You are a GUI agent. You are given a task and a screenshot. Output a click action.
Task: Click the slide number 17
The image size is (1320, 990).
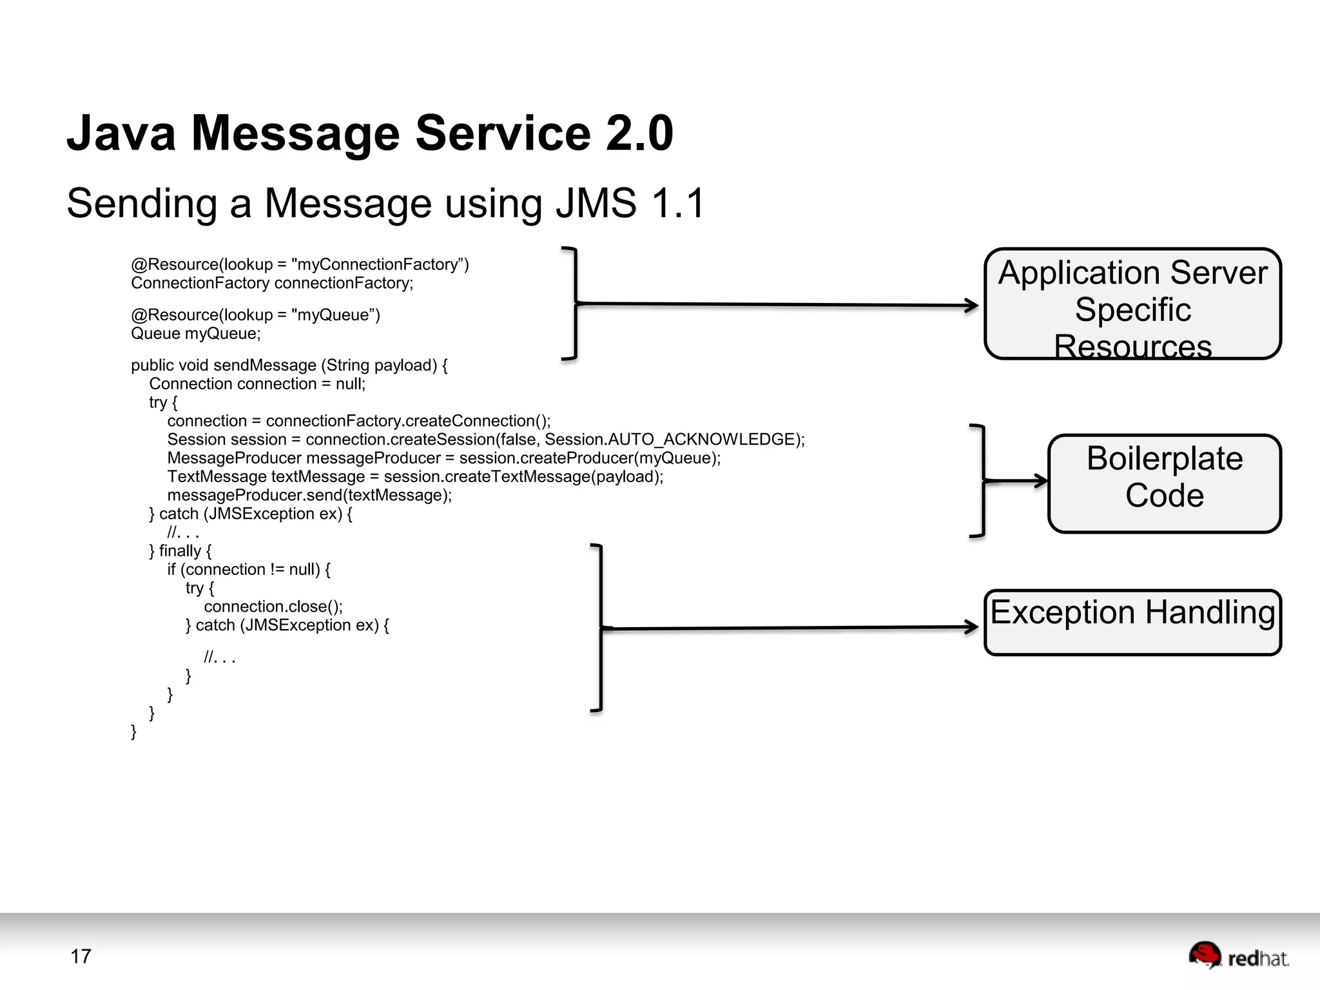pos(81,956)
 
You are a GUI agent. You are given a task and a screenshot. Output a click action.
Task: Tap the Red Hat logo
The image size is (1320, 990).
pos(1237,956)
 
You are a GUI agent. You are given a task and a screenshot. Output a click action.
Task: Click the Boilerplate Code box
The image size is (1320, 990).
pos(1164,483)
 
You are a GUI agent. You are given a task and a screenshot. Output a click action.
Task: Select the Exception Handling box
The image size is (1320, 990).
pos(1132,622)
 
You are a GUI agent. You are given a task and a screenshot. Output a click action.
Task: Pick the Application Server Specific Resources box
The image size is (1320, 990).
pos(1132,304)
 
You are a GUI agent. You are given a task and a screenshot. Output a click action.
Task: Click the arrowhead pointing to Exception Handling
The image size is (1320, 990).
pos(972,626)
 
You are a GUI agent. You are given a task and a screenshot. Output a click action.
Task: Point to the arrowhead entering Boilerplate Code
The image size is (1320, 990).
pos(1040,481)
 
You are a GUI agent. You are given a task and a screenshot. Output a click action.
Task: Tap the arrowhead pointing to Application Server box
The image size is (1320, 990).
pos(972,306)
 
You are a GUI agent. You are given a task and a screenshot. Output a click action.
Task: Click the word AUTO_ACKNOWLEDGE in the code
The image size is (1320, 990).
pos(701,440)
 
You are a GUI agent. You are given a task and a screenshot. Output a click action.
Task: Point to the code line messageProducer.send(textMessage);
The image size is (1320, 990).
pos(309,495)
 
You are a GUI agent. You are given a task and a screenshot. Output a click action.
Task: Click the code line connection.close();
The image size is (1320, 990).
pos(273,607)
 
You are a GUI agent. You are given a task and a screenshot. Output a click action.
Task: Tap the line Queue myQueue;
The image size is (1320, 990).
pos(195,333)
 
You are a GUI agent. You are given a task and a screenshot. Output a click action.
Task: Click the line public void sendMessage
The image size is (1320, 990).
pos(289,365)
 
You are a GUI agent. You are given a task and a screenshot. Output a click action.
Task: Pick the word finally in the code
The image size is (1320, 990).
pos(180,551)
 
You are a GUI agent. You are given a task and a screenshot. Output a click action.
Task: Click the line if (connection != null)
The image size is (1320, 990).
pos(248,569)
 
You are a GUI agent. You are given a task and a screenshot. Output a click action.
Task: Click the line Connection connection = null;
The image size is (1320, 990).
pos(257,383)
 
